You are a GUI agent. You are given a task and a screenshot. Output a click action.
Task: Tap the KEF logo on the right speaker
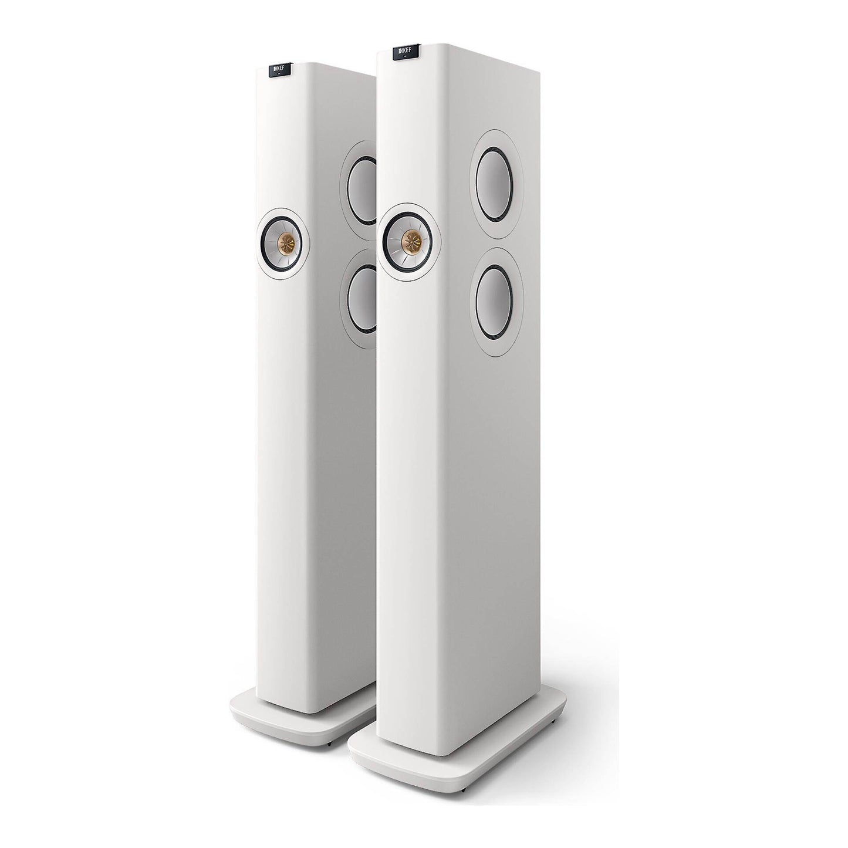(406, 52)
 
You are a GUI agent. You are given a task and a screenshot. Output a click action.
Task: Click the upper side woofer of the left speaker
(362, 191)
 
